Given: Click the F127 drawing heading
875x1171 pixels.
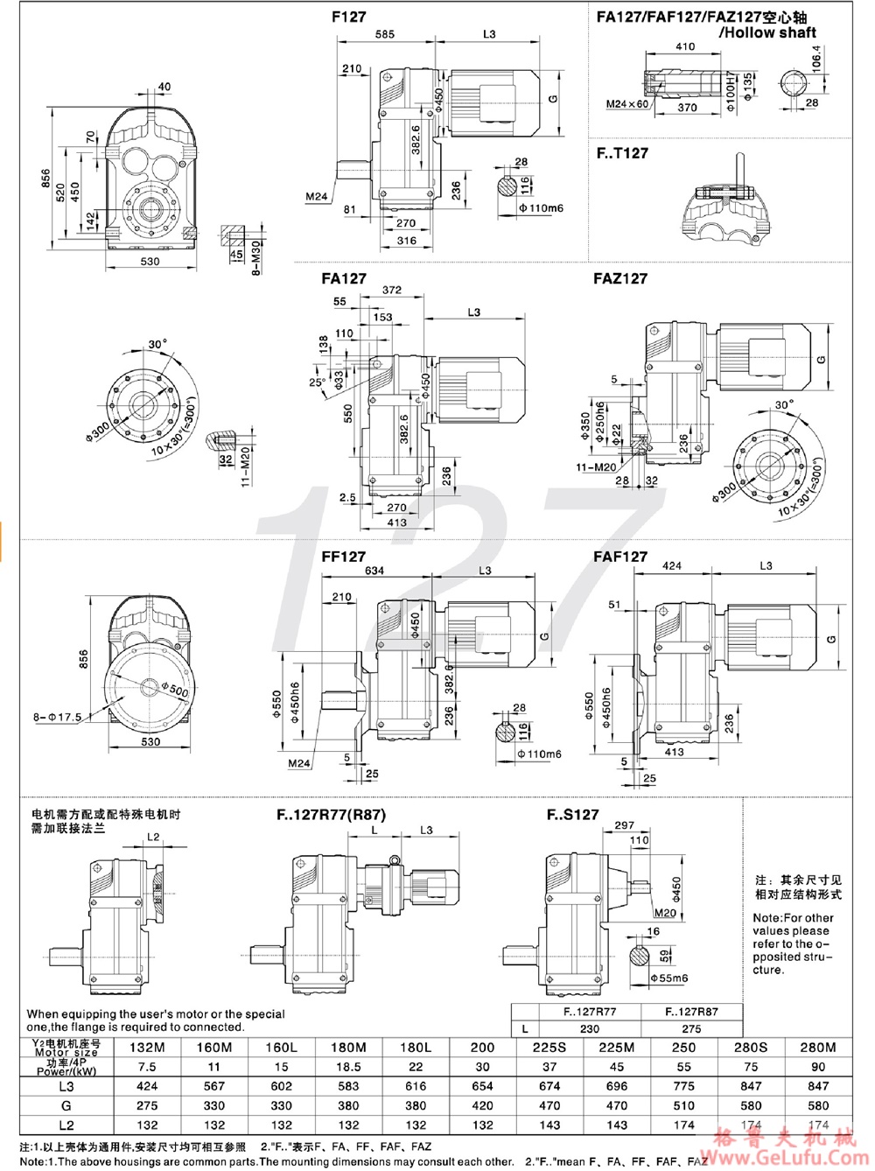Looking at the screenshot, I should (x=349, y=17).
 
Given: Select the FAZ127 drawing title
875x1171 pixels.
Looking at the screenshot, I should (x=619, y=278).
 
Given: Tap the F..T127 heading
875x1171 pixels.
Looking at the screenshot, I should (x=622, y=153).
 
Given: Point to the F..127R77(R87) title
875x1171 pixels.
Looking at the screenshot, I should (x=331, y=814).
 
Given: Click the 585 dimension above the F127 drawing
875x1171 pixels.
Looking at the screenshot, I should (x=384, y=34).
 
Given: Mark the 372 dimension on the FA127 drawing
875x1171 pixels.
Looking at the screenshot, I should (x=391, y=290).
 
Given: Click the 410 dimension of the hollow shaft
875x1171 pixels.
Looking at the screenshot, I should (x=685, y=46).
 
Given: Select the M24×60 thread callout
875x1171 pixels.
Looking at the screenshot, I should (x=627, y=104).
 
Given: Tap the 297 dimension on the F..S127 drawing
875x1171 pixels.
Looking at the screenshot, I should (x=624, y=825).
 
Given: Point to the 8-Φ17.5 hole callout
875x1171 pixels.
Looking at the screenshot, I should (x=58, y=717).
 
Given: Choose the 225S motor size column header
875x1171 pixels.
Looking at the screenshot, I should (x=549, y=1047).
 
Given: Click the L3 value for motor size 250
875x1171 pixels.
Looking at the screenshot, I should (x=683, y=1086).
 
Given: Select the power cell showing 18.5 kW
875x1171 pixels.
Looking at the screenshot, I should (x=348, y=1067).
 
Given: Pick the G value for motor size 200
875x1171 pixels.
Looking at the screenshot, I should (x=482, y=1105).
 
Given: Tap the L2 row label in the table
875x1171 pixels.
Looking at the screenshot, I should (x=66, y=1125).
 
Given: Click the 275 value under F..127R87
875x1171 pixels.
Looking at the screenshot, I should (x=691, y=1029).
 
